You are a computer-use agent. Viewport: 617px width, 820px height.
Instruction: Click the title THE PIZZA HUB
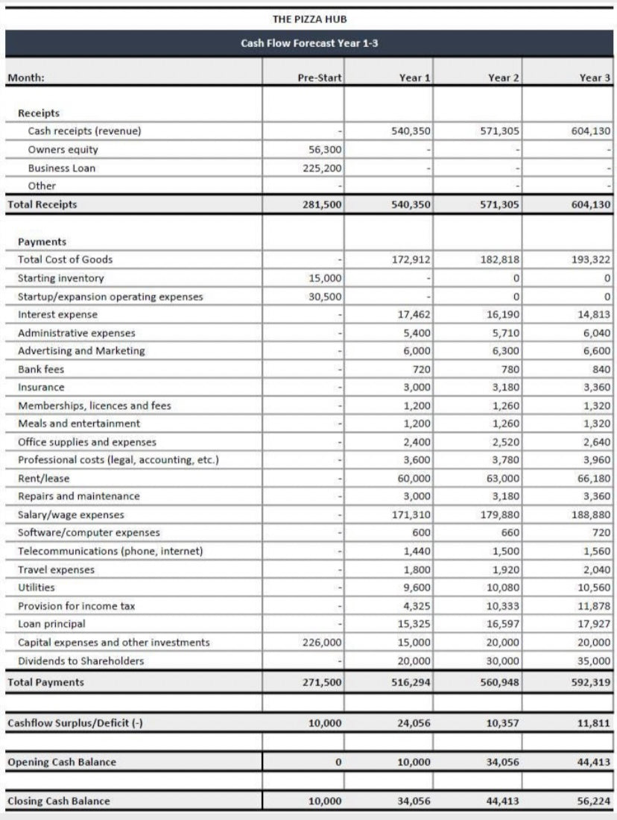[x=309, y=19]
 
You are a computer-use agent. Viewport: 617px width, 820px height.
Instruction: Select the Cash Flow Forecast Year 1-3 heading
[x=309, y=43]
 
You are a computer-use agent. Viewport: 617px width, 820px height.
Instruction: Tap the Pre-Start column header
[x=319, y=77]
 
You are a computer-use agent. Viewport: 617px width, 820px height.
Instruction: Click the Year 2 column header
[x=504, y=77]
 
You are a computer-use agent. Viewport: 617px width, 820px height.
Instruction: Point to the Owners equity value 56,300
[x=325, y=149]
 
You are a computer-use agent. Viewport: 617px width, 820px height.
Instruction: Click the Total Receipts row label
[x=42, y=204]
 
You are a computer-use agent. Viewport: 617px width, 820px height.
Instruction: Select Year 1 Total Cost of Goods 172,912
[x=411, y=259]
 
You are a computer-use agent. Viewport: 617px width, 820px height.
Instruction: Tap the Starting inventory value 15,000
[x=325, y=278]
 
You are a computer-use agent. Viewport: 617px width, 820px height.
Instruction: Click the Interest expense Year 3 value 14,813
[x=595, y=315]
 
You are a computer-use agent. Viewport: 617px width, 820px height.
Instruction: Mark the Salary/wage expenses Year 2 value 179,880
[x=499, y=514]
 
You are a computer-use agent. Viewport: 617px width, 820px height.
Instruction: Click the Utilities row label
[x=37, y=587]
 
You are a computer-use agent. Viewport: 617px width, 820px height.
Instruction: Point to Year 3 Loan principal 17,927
[x=595, y=624]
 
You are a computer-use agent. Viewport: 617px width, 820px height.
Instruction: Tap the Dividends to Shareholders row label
[x=81, y=660]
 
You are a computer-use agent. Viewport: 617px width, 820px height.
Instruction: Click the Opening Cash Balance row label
[x=62, y=762]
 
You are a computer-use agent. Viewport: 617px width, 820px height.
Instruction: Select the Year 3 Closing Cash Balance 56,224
[x=595, y=801]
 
